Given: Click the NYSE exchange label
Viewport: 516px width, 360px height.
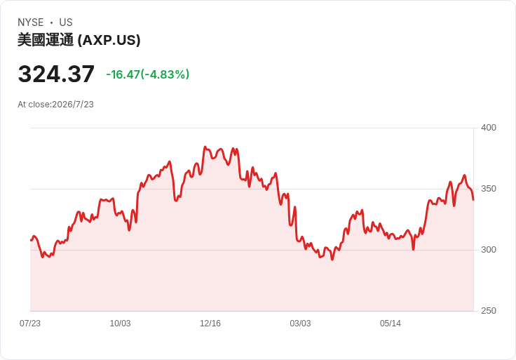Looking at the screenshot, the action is pos(31,22).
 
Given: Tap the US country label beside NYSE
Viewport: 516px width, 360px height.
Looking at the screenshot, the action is pos(66,22).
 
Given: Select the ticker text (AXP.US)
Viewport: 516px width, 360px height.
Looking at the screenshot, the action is pos(109,40).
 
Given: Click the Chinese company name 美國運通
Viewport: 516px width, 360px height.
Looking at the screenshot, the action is pos(46,40).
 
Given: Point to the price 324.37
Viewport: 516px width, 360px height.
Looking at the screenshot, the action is pos(56,74).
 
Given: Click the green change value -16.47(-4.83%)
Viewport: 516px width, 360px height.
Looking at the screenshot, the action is pos(148,74).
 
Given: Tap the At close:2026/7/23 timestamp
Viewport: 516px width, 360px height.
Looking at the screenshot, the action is pos(55,105).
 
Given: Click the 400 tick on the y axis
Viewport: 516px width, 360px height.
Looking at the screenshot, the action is pos(489,128).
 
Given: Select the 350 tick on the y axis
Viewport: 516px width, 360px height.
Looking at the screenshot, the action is pos(489,189).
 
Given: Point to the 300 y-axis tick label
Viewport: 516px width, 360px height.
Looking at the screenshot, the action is pos(489,250).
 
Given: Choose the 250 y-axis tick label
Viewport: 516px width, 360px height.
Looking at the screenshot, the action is pos(489,311).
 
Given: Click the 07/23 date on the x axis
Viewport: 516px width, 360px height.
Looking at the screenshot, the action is pos(30,324).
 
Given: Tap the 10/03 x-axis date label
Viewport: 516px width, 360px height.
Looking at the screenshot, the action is pos(120,324).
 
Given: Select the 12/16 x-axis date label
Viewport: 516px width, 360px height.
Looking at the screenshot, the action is pos(210,324).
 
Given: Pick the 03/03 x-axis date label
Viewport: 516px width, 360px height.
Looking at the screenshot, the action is pos(300,324).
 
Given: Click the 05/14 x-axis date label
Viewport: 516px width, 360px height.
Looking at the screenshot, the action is pos(391,324).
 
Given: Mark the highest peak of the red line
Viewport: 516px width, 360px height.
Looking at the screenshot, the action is pos(205,147).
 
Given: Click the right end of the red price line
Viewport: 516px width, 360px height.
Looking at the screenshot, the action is pos(473,199).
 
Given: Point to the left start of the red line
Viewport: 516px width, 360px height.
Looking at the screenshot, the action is pos(31,240).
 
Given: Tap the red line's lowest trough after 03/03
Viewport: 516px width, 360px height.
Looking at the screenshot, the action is pos(332,260).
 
